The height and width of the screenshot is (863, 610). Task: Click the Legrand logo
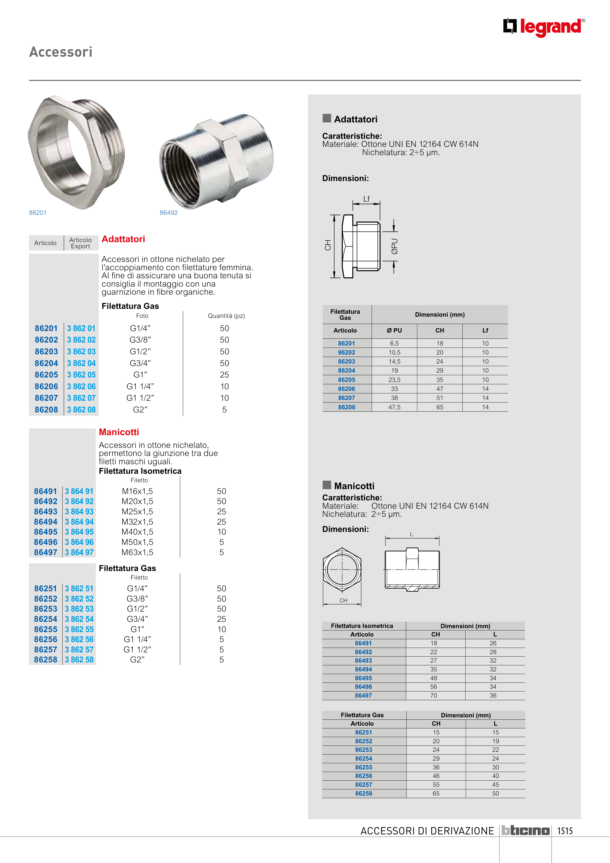coord(544,27)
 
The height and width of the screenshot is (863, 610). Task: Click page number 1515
coord(565,831)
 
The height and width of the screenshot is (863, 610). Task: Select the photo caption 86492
coord(168,213)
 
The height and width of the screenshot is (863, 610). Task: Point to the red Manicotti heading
coord(119,432)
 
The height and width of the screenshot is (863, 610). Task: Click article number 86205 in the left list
coord(46,375)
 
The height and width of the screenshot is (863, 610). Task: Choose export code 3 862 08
coord(81,410)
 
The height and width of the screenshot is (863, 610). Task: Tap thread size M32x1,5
coord(137,522)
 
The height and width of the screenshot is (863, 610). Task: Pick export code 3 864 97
coord(79,552)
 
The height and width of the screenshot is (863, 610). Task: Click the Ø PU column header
coord(394,330)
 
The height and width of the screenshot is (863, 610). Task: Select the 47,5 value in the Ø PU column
coord(394,407)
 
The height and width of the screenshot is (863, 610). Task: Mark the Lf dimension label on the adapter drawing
coord(366,199)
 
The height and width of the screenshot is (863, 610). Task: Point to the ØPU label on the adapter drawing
coord(395,247)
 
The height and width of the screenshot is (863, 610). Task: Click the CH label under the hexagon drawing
coord(343,600)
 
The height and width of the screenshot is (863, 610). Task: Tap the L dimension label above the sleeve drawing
coord(412,534)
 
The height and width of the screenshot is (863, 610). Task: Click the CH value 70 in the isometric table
coord(434,695)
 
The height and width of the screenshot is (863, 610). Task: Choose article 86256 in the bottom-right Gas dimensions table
coord(364,776)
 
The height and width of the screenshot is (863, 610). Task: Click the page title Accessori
coord(61,52)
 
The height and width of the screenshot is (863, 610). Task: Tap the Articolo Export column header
coord(80,243)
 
